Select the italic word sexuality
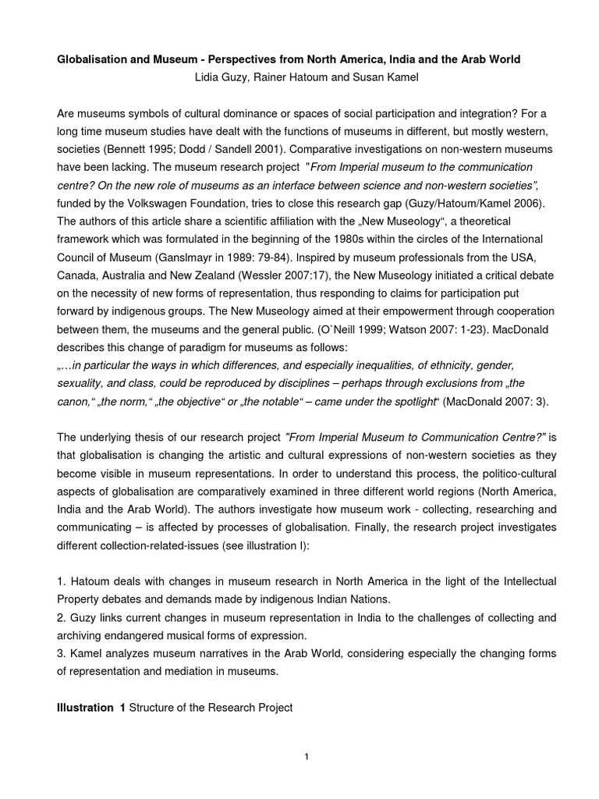82,382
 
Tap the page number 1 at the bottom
307,756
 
